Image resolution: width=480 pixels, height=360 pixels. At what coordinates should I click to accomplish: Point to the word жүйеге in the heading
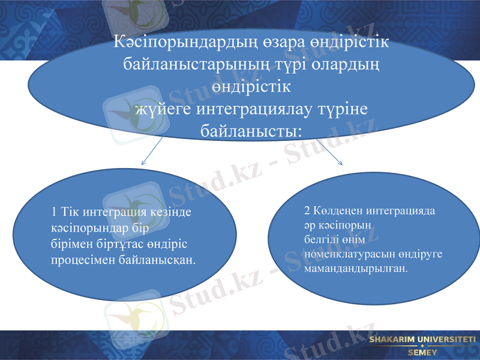click(157, 110)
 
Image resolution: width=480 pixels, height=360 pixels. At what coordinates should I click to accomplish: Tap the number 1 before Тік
click(55, 212)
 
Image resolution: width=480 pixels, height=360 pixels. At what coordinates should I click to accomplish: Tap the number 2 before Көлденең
click(307, 211)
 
